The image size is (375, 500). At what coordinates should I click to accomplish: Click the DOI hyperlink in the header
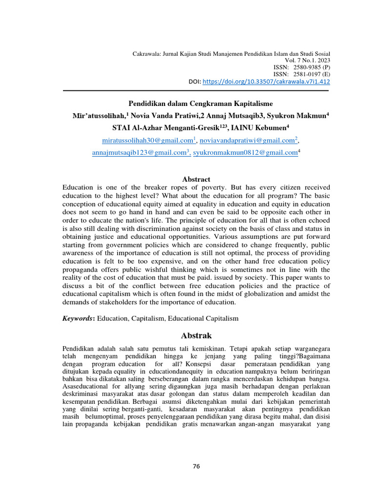266,81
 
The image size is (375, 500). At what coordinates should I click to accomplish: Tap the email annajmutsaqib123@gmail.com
140,153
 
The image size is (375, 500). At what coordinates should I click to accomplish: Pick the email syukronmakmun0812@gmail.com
245,153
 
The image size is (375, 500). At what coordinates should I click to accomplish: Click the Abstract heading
196,179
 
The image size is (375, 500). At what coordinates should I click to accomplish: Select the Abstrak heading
196,335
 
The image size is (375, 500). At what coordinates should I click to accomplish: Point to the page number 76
196,466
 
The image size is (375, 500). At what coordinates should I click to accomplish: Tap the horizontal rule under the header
196,90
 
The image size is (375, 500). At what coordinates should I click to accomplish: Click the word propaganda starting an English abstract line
81,270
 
